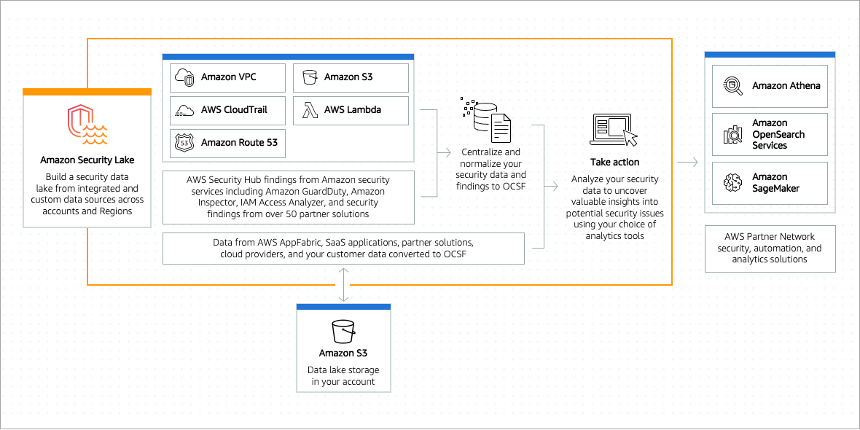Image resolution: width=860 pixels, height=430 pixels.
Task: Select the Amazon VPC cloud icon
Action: tap(185, 78)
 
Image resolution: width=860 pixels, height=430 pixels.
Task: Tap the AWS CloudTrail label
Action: tap(234, 110)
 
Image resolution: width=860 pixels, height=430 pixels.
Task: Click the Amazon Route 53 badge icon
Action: tap(184, 143)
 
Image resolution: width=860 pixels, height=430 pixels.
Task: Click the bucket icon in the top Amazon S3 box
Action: tap(307, 78)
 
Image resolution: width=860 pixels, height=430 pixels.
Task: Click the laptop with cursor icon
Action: tap(613, 130)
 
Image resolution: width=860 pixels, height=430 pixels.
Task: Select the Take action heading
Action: tap(614, 163)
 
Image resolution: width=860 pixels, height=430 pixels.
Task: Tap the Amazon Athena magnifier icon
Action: tap(732, 85)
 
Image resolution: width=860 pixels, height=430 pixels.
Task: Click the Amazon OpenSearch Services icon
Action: tap(732, 134)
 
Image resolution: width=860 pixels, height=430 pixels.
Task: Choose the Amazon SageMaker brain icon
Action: tap(732, 182)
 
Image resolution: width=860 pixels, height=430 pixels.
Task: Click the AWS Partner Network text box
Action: tap(770, 249)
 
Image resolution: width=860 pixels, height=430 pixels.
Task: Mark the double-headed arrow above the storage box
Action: tap(343, 285)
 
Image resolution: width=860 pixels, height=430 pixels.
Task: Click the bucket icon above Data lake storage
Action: tap(344, 332)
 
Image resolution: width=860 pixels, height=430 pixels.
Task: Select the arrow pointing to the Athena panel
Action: tap(687, 163)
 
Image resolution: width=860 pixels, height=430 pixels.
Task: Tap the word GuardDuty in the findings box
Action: tap(322, 192)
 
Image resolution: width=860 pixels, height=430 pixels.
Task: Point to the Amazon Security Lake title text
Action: tap(87, 160)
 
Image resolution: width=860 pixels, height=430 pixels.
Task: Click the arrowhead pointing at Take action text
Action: tap(555, 187)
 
